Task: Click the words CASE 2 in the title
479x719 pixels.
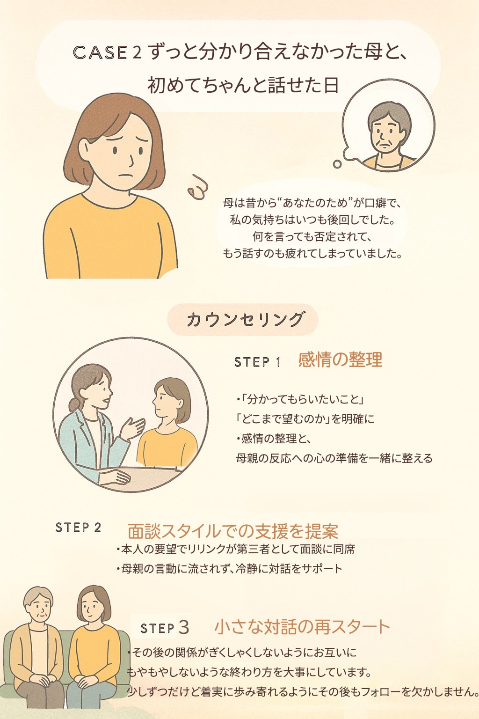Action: pyautogui.click(x=107, y=52)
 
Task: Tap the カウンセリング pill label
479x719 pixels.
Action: pyautogui.click(x=243, y=320)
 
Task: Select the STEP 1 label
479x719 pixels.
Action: pyautogui.click(x=258, y=362)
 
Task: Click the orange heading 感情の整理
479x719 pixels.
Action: pyautogui.click(x=340, y=359)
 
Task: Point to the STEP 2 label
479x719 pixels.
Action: pyautogui.click(x=78, y=528)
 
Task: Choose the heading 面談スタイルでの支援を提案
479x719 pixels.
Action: pyautogui.click(x=233, y=532)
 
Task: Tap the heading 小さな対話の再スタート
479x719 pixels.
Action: pyautogui.click(x=302, y=627)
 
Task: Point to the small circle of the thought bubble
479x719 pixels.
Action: pyautogui.click(x=337, y=164)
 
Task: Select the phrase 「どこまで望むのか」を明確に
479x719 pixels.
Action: pyautogui.click(x=305, y=419)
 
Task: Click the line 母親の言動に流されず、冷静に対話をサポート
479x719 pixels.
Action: pyautogui.click(x=229, y=568)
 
